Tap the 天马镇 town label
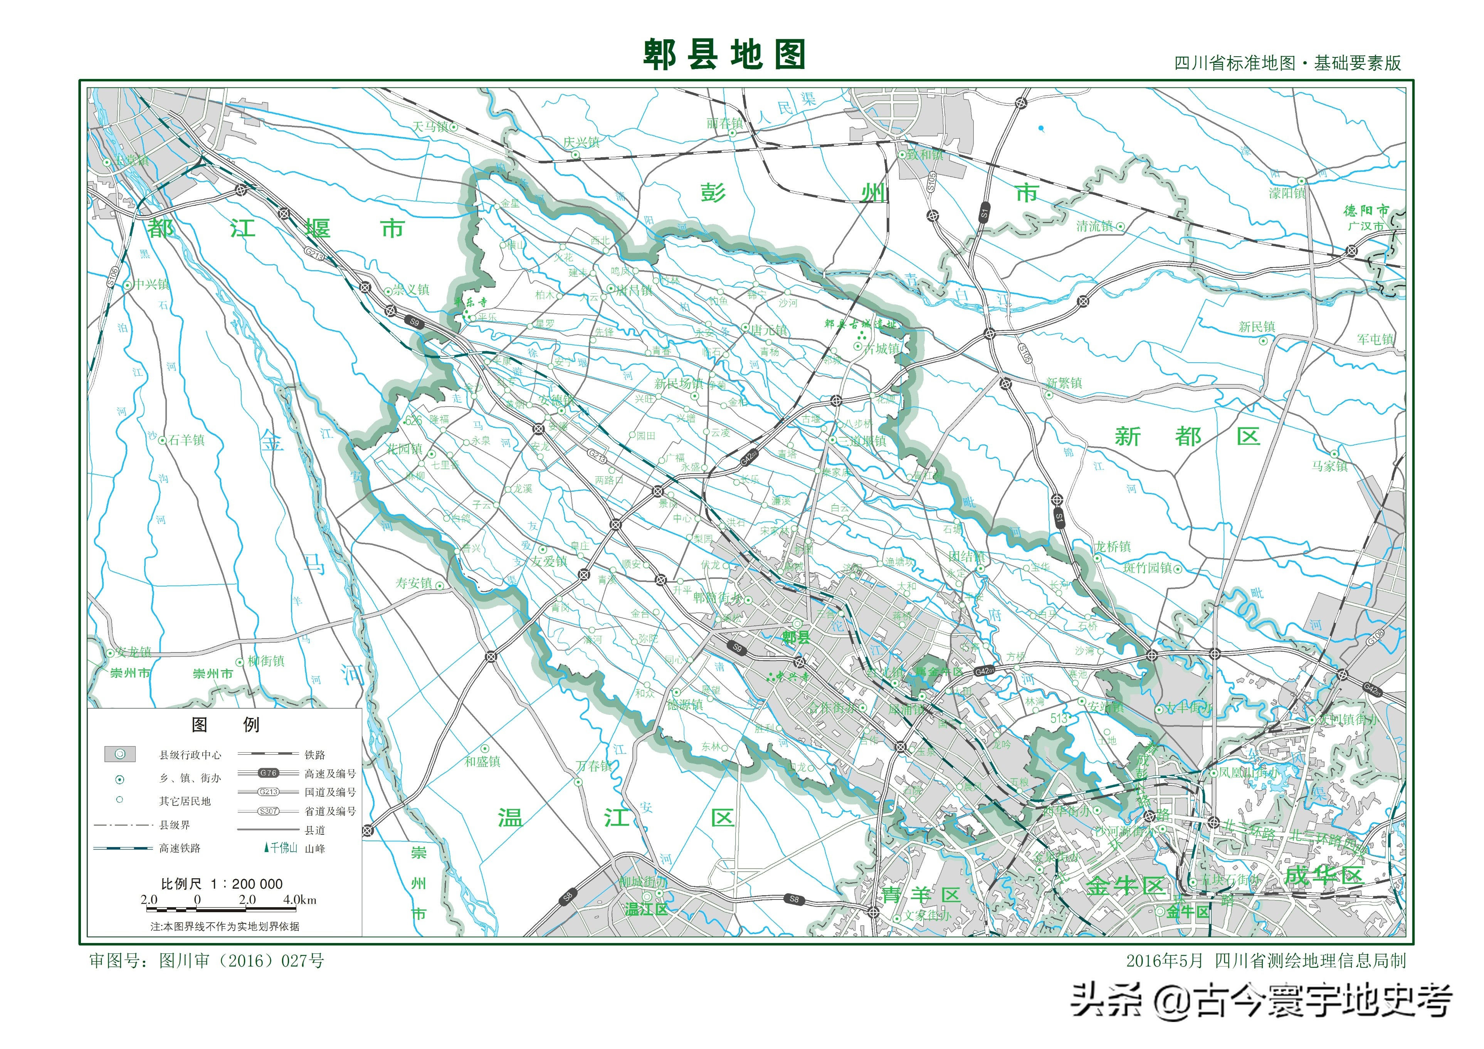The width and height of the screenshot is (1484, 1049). (430, 127)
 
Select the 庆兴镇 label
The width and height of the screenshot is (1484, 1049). (581, 142)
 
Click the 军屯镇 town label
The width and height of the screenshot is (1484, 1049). (1375, 339)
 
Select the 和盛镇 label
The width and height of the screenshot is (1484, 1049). (482, 762)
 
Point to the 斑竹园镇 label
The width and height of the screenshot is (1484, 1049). (1147, 568)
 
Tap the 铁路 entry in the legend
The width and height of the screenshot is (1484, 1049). (315, 755)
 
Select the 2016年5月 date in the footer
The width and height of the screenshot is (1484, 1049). (1164, 961)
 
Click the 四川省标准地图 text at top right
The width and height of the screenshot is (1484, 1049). (1235, 63)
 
